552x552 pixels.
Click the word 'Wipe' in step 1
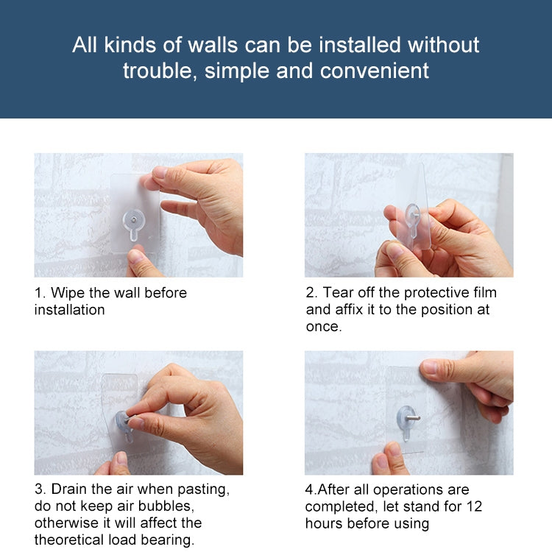pos(68,293)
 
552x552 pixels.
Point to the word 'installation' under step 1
pos(69,310)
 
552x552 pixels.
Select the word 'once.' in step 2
pos(324,327)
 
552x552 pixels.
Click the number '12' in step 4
pos(474,506)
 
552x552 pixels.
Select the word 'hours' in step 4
pos(325,523)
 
